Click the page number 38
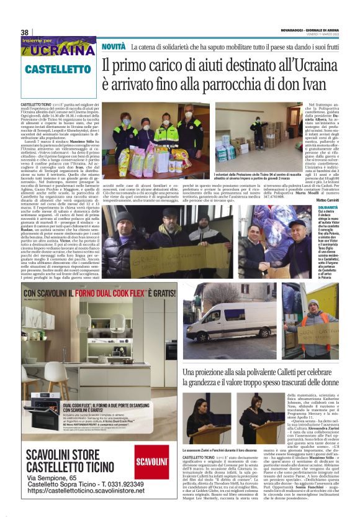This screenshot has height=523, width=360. coord(25,32)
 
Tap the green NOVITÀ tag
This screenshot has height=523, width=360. coord(114,47)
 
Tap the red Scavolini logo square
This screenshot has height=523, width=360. coord(152,462)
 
